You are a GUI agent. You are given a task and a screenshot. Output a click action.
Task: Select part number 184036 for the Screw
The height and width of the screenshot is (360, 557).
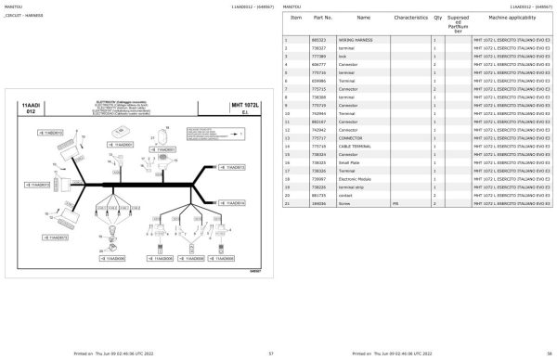click(x=317, y=202)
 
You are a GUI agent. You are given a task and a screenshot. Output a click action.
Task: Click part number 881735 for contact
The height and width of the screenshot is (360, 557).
click(x=317, y=195)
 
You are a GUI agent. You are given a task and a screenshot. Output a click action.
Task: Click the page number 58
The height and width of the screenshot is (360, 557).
click(x=549, y=354)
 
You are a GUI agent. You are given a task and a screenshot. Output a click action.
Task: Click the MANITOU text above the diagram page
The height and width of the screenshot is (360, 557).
click(x=15, y=6)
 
